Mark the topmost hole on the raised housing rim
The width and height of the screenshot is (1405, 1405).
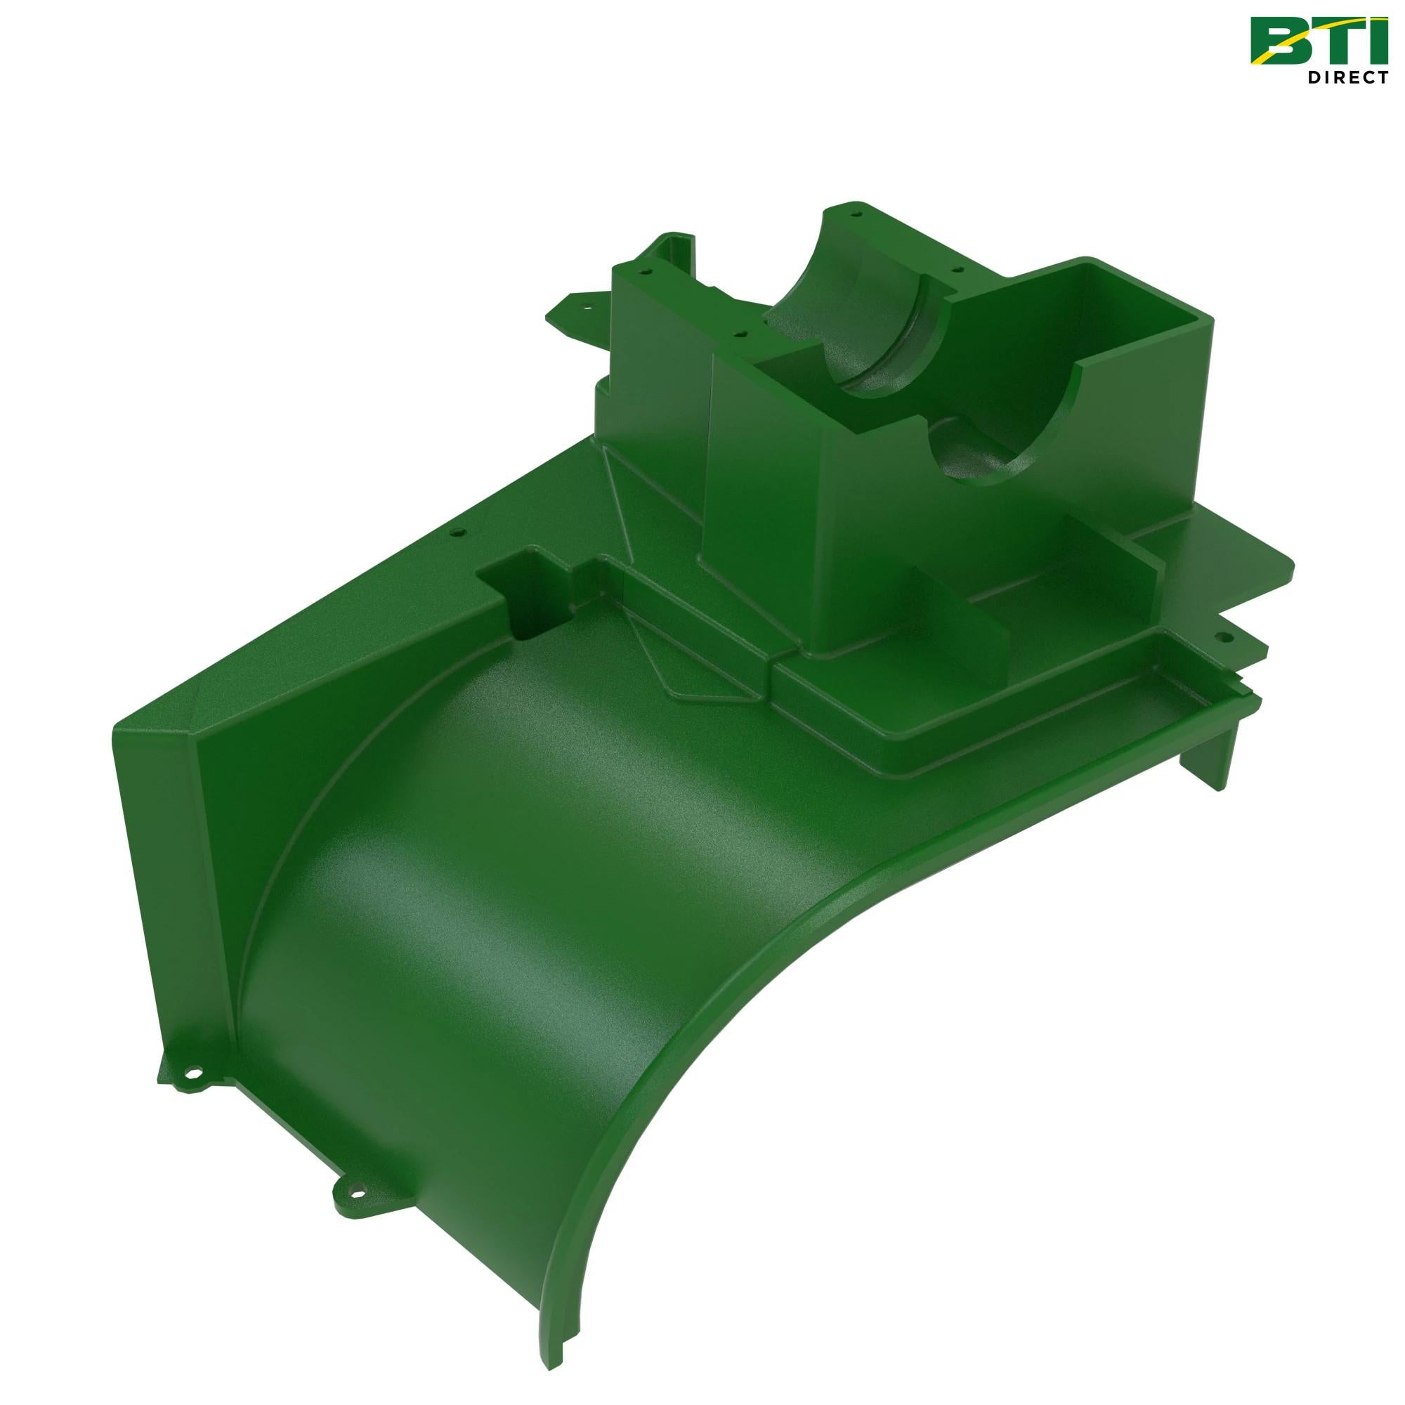click(x=856, y=216)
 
